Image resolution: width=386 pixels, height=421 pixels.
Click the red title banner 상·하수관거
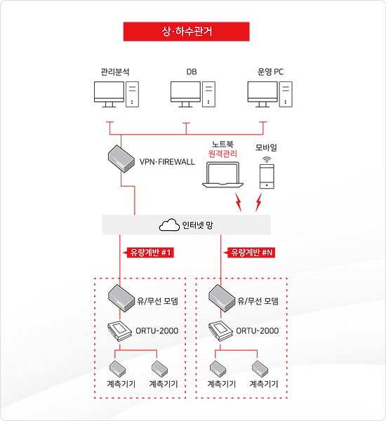186,32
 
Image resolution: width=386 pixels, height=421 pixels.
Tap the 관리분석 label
115,72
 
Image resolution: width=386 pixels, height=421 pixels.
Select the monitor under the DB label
185,95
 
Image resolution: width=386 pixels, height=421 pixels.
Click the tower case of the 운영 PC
286,94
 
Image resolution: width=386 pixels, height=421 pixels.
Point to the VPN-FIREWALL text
167,162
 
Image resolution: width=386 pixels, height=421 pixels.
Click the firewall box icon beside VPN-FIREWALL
121,159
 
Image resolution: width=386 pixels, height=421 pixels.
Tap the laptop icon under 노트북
222,175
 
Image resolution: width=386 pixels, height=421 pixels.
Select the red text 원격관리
222,154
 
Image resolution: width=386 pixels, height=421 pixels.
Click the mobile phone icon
267,176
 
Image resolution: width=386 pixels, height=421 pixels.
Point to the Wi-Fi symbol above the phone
267,159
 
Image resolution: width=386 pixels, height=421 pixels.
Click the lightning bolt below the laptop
238,202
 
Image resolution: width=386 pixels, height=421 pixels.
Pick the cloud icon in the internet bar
169,225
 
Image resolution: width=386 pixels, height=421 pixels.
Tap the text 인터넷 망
197,225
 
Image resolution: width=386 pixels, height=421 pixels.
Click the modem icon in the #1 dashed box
121,298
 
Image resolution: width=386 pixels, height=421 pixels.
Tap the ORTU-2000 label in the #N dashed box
258,330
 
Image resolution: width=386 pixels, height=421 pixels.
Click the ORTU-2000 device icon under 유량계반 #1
119,331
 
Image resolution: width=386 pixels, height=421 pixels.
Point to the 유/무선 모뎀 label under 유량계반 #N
258,301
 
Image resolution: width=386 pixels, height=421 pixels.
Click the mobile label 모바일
266,147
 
